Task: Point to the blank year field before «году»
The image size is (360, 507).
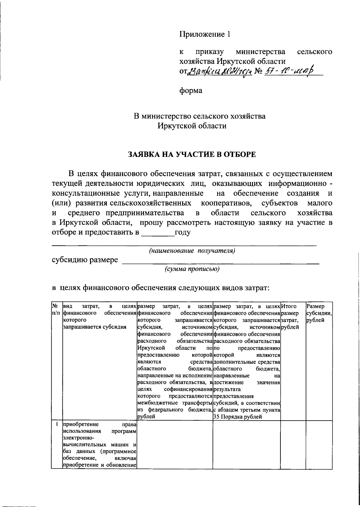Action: tap(157, 232)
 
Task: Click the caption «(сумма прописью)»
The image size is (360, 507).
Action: tap(192, 269)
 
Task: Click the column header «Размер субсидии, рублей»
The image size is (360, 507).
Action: tap(319, 313)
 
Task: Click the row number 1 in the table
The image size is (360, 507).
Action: tap(56, 424)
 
